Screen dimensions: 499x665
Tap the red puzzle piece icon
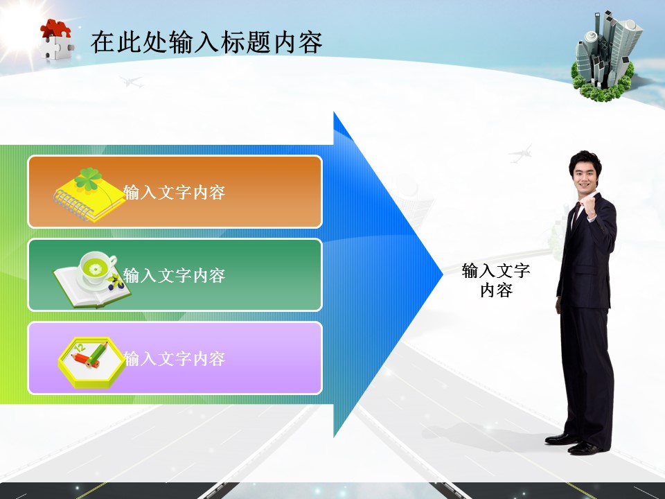(55, 31)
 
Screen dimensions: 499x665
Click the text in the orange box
(175, 193)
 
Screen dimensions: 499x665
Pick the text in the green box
(175, 276)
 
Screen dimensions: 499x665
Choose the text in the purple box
(175, 359)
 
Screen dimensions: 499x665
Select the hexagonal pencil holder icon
(90, 360)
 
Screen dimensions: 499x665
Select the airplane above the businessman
(521, 151)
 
